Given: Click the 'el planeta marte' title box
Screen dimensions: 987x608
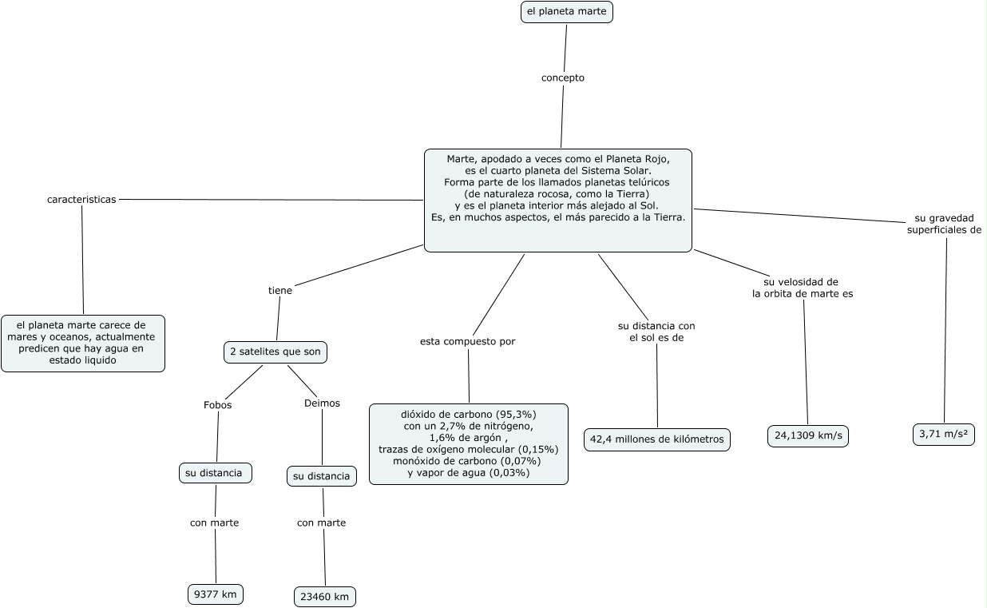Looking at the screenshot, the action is tap(567, 12).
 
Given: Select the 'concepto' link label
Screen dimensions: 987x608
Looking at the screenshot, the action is tap(563, 78).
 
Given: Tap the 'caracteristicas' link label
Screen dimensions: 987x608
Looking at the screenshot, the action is tap(81, 200).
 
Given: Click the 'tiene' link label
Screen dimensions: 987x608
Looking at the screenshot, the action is tap(280, 291).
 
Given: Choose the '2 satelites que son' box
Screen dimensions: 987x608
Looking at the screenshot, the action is tap(275, 352).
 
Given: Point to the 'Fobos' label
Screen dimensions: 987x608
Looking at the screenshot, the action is tap(218, 405).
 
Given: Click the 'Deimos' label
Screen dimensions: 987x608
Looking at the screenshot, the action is tap(322, 403).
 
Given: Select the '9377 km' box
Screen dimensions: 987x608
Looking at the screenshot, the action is tap(216, 594).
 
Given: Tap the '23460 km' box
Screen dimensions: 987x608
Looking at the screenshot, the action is tap(325, 597).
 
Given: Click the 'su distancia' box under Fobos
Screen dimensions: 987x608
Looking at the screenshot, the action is tap(216, 473).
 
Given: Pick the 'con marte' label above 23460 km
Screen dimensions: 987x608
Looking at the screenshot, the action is tap(321, 523).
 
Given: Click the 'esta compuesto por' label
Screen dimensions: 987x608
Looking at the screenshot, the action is tap(467, 342).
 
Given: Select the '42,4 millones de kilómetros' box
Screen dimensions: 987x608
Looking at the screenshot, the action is tap(657, 439).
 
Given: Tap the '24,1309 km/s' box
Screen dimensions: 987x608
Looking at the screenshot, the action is tap(808, 436).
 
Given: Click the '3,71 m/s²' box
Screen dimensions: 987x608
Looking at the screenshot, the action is tap(944, 435).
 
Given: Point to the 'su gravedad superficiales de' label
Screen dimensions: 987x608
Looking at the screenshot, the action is tap(944, 224).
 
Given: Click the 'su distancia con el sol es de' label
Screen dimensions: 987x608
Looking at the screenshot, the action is tap(656, 332).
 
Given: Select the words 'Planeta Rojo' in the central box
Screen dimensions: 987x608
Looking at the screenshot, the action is tap(638, 159).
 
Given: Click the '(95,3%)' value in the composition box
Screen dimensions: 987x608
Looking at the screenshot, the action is tap(516, 415).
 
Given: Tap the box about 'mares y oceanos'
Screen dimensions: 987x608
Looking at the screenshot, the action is tap(83, 344).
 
